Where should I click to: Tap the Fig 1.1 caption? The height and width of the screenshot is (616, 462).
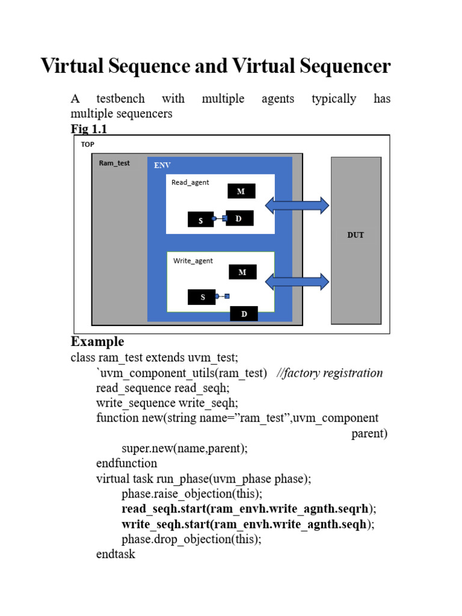(89, 129)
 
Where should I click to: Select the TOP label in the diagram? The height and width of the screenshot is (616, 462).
(87, 144)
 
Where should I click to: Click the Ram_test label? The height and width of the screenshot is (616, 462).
(114, 163)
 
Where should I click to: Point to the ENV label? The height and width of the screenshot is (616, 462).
(162, 165)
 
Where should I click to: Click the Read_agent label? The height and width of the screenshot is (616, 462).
(190, 182)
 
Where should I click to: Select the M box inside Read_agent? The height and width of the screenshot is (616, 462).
(241, 191)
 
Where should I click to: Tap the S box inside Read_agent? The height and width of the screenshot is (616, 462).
(201, 221)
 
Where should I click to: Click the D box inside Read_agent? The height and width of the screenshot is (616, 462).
(239, 218)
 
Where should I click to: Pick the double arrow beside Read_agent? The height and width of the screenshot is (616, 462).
(297, 206)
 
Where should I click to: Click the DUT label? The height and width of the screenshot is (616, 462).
(356, 235)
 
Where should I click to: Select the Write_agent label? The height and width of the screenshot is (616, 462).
(192, 260)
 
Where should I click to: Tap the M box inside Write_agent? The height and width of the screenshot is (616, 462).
(242, 272)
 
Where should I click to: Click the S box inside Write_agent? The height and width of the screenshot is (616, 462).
(202, 297)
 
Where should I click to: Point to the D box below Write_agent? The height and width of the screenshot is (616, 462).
(244, 313)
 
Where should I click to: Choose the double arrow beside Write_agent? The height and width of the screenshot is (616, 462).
(297, 282)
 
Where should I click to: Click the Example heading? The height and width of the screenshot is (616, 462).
(97, 342)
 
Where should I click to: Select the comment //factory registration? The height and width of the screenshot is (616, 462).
(330, 373)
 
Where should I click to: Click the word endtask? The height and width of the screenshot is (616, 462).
(115, 554)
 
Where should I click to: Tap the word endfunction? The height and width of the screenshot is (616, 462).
(126, 463)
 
